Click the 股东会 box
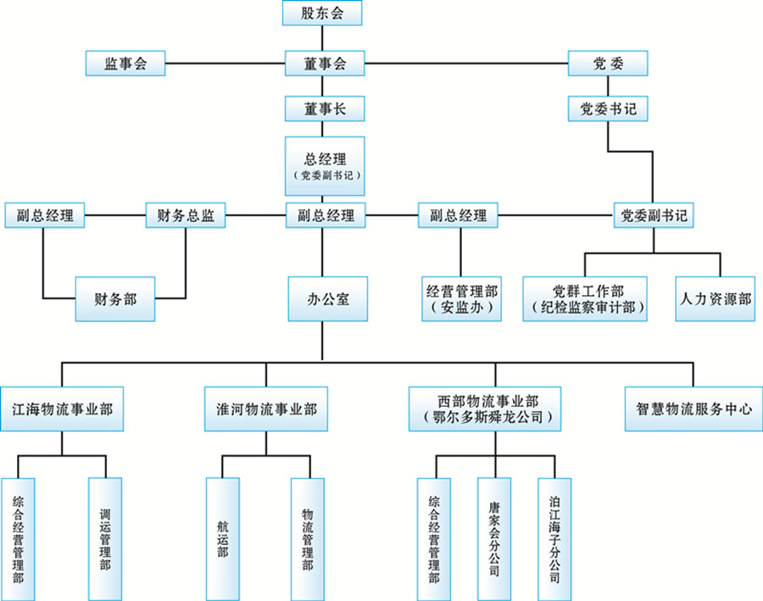(321, 13)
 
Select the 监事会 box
(125, 64)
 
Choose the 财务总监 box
(186, 216)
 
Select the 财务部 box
(115, 298)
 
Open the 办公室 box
(327, 298)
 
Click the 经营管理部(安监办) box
(461, 298)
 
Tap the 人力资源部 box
(716, 298)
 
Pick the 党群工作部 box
(584, 298)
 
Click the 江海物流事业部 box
(62, 407)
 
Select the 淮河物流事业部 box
(266, 407)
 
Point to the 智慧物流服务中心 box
(693, 407)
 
